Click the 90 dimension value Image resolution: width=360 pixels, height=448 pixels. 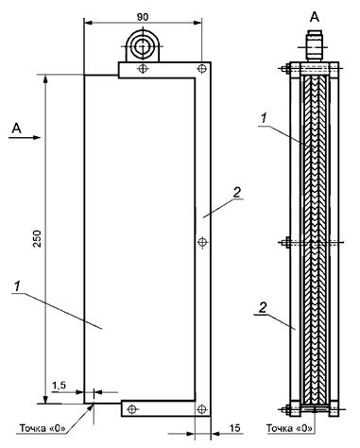143,17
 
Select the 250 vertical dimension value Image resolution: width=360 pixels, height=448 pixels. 38,238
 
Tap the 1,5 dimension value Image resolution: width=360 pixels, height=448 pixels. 59,385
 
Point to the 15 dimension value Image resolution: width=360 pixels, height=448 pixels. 235,428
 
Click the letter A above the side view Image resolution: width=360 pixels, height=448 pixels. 315,17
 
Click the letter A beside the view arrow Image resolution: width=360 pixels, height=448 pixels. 17,129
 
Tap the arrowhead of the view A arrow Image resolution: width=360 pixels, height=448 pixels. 37,137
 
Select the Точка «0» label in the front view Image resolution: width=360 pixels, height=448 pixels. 43,428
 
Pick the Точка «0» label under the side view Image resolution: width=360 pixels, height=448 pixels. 290,428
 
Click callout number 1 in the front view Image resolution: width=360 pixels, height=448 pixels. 17,286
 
